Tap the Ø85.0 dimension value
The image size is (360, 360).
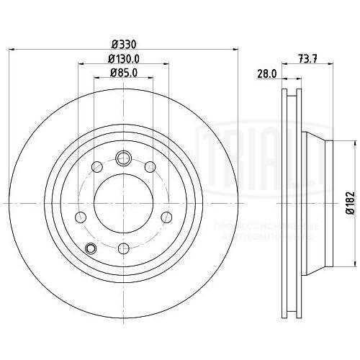tap(123, 72)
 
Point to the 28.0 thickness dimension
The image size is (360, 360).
tap(268, 73)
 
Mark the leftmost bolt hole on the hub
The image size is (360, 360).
tap(80, 217)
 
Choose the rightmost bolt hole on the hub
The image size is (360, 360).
tap(167, 217)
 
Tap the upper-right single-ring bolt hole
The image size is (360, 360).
tap(150, 167)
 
